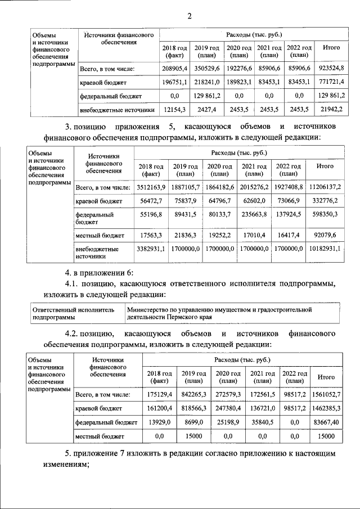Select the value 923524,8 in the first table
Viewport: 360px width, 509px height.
click(331, 69)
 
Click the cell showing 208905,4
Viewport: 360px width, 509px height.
click(174, 69)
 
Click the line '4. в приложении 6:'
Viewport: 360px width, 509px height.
click(99, 273)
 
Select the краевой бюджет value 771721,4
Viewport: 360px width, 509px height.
click(331, 82)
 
